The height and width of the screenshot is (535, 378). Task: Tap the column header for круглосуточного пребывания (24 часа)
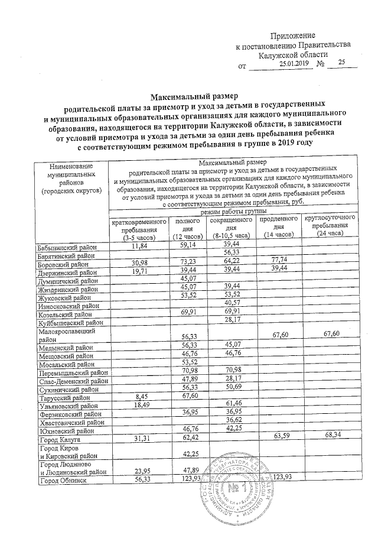tap(331, 227)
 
